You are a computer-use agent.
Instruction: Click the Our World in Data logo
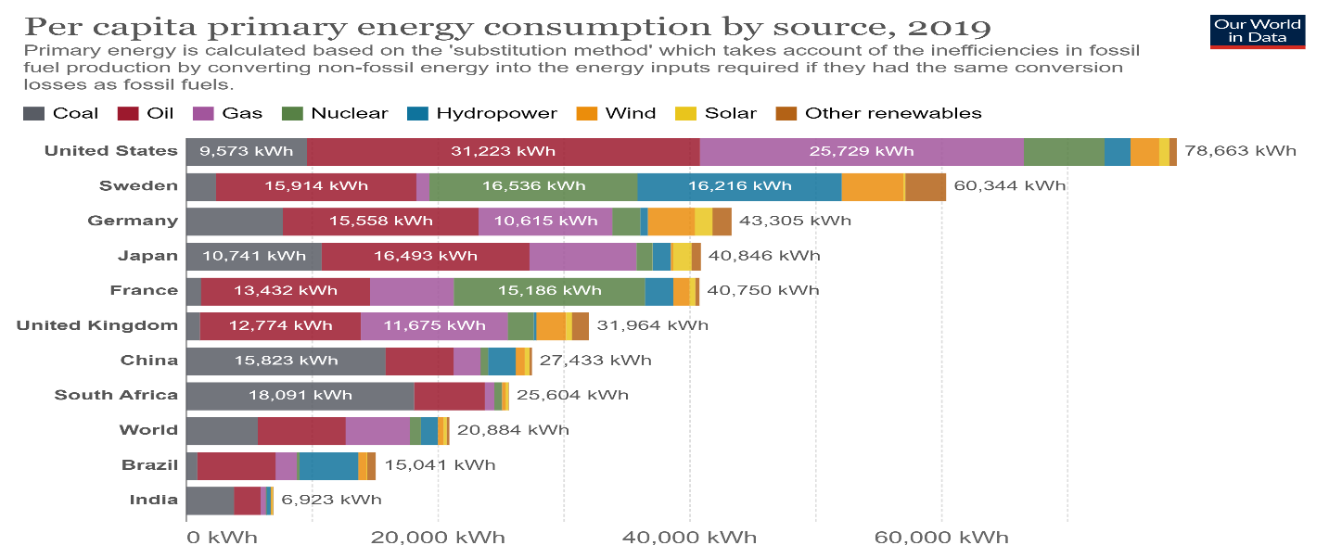point(1258,31)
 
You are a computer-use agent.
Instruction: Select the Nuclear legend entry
point(339,113)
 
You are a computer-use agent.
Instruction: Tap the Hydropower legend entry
point(482,113)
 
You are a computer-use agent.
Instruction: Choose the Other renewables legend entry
point(882,113)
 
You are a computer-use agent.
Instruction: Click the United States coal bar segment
point(246,151)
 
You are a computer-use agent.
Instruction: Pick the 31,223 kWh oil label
point(503,151)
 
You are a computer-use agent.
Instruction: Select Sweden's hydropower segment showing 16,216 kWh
point(739,186)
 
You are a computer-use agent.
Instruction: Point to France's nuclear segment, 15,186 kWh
point(549,290)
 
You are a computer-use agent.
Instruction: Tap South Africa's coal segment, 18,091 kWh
point(300,395)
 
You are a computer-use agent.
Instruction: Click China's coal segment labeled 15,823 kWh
point(286,360)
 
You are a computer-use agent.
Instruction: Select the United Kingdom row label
point(96,325)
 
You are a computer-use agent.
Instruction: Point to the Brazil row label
point(149,464)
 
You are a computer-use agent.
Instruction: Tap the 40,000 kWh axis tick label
point(689,538)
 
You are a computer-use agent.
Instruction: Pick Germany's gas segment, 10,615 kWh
point(545,221)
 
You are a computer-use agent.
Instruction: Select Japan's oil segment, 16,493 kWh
point(426,256)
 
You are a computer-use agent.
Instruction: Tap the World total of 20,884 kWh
point(513,430)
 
